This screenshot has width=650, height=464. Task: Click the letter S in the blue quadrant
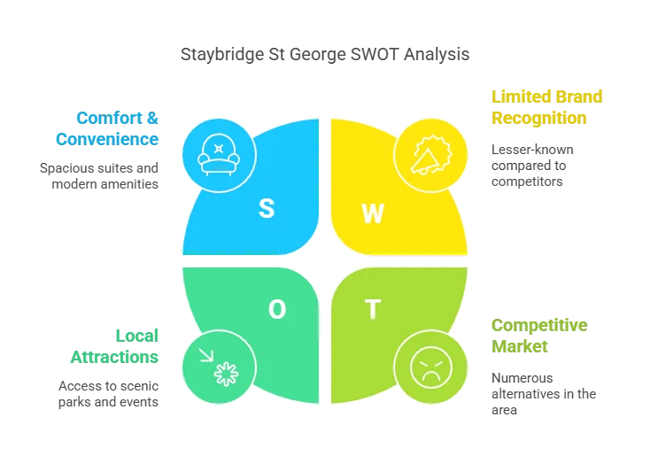tap(266, 208)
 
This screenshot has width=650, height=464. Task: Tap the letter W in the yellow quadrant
tap(373, 213)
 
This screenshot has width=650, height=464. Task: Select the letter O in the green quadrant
tap(277, 309)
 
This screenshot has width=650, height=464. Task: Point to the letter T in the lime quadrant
tap(373, 310)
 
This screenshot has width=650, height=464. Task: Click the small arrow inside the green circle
tap(206, 355)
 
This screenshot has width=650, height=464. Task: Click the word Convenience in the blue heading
tap(107, 138)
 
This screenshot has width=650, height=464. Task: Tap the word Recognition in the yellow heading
tap(538, 116)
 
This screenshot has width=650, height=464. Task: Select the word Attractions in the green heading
tap(112, 357)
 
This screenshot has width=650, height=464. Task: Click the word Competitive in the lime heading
tap(538, 325)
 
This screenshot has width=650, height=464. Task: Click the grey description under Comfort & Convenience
tap(99, 174)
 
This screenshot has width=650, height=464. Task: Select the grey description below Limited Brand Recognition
tap(528, 166)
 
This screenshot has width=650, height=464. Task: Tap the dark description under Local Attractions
tap(109, 393)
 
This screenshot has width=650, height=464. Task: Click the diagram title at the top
tap(325, 54)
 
